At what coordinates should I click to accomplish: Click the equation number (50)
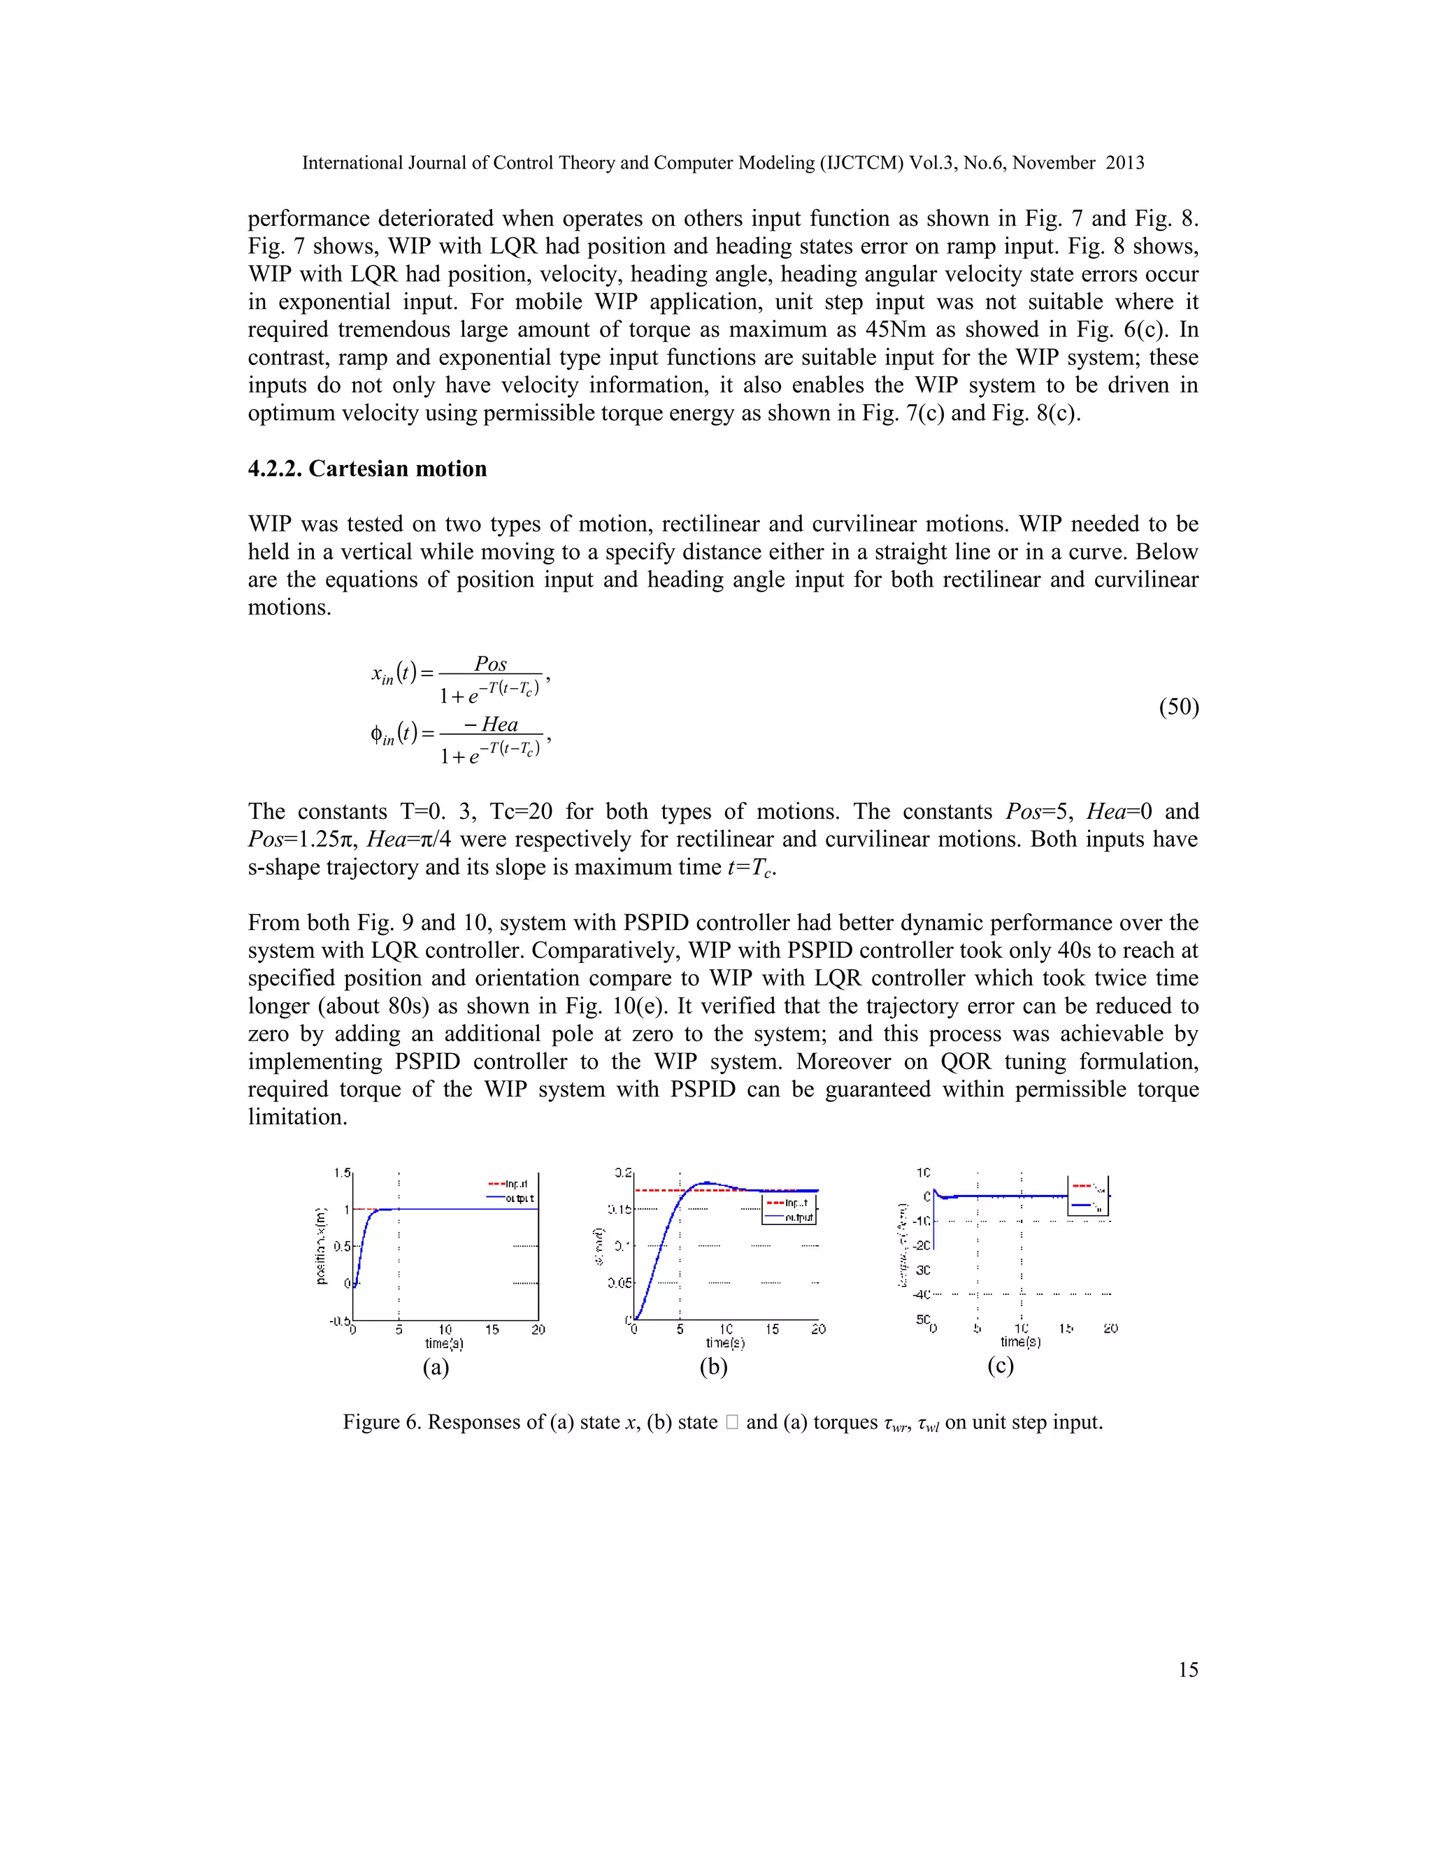coord(1178,707)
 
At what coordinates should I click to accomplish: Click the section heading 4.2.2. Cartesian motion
coord(367,468)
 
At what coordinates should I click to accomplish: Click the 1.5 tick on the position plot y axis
coord(341,1173)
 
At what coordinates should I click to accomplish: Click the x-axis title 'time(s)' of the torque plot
coord(1021,1343)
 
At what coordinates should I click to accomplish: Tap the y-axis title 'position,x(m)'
coord(322,1245)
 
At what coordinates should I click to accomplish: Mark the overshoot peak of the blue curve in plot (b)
coord(706,1182)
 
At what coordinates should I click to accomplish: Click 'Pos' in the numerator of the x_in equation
coord(490,664)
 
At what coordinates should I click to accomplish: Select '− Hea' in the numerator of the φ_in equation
coord(491,724)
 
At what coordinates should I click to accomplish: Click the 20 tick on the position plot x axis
coord(538,1329)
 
